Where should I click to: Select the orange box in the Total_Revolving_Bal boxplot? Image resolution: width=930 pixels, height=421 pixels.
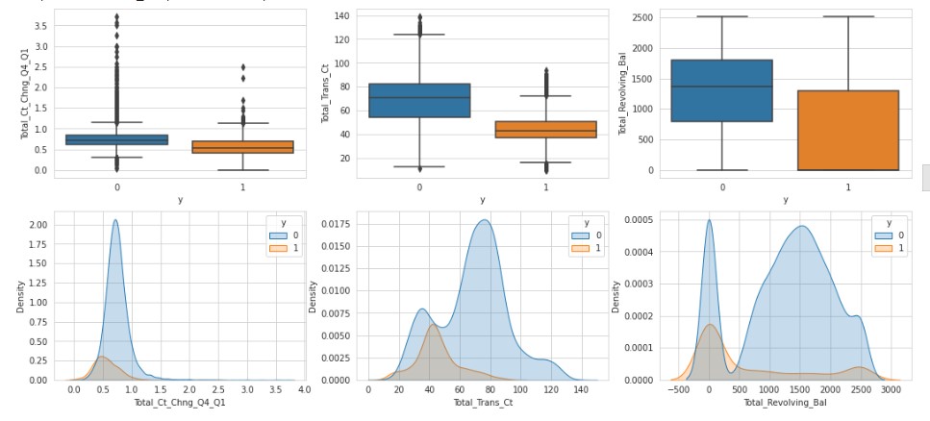pos(848,131)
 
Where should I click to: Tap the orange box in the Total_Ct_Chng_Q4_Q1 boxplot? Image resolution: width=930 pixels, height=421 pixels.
pos(242,147)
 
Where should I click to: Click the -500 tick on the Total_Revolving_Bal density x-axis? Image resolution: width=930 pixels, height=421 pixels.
pos(679,391)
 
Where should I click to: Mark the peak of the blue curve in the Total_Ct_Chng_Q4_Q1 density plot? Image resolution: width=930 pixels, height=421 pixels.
pos(115,220)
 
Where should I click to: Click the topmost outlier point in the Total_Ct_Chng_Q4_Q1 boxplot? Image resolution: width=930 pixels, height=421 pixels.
pos(116,16)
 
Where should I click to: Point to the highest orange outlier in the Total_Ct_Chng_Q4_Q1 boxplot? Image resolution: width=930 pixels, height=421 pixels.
pos(242,67)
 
